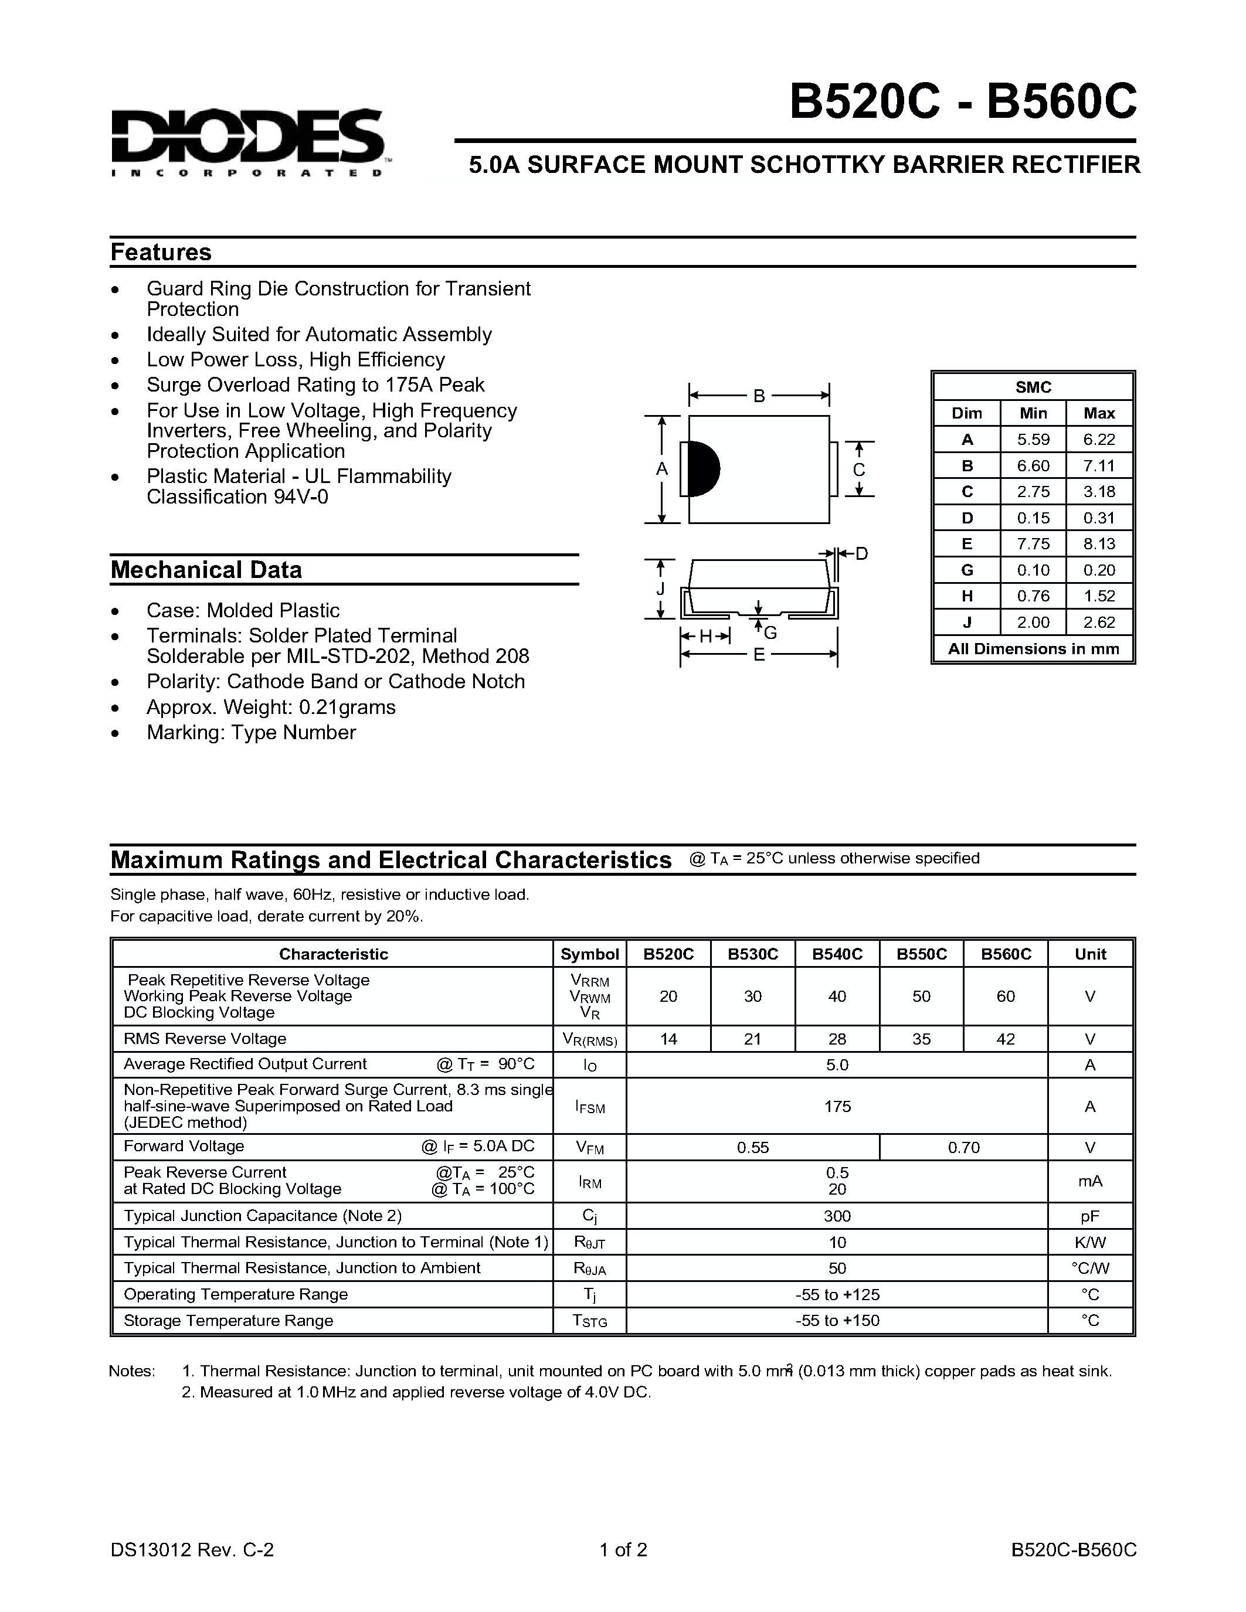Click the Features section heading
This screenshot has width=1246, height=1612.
tap(161, 253)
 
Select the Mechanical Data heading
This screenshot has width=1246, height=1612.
tap(206, 570)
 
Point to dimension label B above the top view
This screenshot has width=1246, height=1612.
tap(759, 396)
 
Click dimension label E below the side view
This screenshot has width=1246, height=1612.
tap(759, 655)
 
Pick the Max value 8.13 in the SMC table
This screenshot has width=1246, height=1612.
tap(1099, 544)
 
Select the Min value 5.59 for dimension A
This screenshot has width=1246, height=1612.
tap(1033, 439)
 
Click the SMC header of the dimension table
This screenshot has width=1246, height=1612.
tap(1033, 387)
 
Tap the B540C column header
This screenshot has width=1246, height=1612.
tap(837, 954)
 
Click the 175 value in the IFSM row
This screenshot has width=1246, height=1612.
tap(837, 1106)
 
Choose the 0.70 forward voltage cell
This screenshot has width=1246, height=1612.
tap(963, 1147)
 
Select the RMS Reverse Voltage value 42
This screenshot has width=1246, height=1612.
tap(1006, 1039)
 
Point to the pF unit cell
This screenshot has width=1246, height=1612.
tap(1089, 1216)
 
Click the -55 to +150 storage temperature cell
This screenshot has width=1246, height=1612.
tap(837, 1321)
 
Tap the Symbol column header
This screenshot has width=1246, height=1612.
tap(589, 954)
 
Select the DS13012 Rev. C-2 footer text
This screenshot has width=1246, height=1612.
tap(192, 1549)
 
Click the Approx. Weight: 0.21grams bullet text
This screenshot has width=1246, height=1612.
tap(271, 707)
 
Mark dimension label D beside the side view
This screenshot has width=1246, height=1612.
tap(861, 553)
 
